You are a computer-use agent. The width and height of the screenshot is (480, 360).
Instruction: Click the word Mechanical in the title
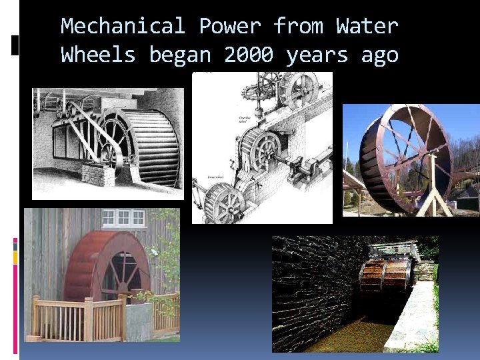point(123,26)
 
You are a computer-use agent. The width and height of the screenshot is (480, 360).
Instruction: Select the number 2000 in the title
point(248,55)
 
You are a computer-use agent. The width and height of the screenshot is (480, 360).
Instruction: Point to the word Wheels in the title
point(98,55)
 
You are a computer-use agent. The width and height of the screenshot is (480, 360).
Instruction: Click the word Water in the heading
point(367,26)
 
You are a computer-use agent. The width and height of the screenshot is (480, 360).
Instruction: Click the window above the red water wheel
point(123,217)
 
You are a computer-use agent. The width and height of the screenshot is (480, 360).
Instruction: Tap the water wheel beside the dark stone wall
point(385,272)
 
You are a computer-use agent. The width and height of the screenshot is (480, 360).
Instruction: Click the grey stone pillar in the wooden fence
point(138,318)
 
